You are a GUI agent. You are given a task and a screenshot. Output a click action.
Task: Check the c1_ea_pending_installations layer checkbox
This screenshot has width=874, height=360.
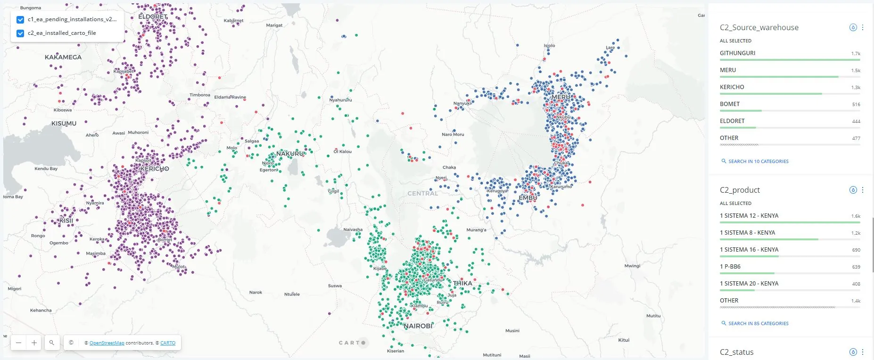tap(20, 20)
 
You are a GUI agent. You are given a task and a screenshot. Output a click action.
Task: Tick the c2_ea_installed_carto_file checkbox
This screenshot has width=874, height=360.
tap(20, 33)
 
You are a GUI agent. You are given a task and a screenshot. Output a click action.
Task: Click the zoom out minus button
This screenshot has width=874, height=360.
tap(18, 343)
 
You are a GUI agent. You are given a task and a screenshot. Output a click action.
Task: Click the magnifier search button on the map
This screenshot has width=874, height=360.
tap(52, 343)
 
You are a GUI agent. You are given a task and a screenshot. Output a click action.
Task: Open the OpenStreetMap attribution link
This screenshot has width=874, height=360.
tap(107, 343)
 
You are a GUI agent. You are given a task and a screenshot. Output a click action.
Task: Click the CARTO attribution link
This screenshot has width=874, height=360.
tap(168, 343)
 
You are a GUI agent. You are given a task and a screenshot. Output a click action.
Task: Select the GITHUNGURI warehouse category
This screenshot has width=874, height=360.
tap(737, 53)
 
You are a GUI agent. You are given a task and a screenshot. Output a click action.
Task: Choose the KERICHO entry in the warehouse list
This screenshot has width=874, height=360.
tap(732, 87)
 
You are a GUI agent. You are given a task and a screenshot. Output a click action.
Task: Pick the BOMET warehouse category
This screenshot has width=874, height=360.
tap(729, 104)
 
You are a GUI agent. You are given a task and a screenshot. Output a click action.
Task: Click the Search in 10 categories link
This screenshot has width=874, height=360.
tap(758, 161)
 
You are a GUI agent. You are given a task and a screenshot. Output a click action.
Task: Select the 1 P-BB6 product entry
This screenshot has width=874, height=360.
tap(730, 267)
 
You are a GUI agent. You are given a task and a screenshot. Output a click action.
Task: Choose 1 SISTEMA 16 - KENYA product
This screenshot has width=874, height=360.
tap(749, 250)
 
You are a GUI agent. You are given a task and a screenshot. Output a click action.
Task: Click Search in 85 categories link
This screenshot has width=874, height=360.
tap(758, 323)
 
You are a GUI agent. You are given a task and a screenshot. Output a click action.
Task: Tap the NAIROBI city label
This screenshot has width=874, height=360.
tap(418, 326)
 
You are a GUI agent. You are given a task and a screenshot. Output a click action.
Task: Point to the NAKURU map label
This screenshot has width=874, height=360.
tap(290, 154)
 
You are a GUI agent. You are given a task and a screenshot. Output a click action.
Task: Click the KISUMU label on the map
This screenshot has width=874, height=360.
tap(64, 123)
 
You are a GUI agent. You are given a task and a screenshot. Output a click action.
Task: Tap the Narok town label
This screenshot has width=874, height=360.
tap(256, 293)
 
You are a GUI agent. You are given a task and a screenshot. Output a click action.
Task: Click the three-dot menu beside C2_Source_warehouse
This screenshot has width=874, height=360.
tap(863, 27)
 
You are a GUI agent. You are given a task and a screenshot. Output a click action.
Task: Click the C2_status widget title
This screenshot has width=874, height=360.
tap(736, 352)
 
